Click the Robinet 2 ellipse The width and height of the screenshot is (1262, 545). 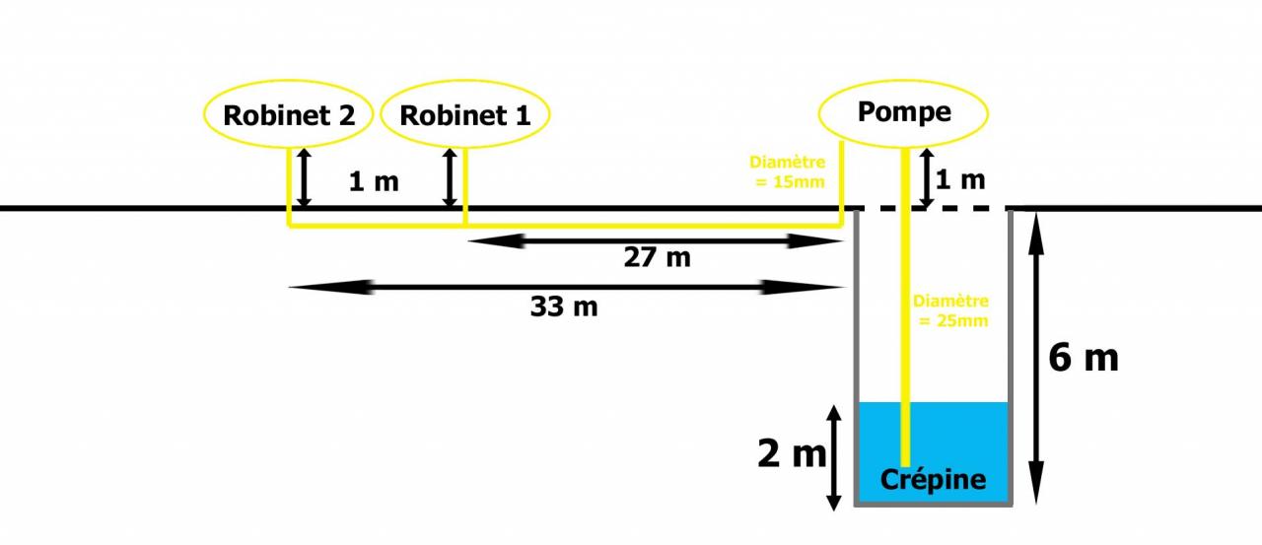point(288,114)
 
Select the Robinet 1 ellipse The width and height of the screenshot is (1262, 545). point(464,114)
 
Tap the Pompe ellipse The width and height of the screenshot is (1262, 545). point(904,111)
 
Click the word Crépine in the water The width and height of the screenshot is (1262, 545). point(933,480)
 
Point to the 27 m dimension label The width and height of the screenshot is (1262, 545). point(657,258)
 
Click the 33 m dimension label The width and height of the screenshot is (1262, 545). point(564,307)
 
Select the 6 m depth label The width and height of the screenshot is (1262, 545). point(1083,357)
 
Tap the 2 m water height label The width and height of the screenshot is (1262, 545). point(791,454)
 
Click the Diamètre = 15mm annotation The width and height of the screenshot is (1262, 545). point(787,171)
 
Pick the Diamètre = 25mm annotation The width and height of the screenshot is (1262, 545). point(950,310)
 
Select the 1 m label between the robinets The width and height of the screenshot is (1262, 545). point(374,181)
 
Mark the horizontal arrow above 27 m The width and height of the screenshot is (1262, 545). point(655,240)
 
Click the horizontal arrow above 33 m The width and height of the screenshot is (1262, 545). point(567,288)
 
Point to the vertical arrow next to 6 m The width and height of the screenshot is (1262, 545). point(1035,357)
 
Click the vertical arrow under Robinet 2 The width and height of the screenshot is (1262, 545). point(305,177)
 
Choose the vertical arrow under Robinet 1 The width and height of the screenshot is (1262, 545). point(451,177)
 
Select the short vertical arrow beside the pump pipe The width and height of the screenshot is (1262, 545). point(927,177)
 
